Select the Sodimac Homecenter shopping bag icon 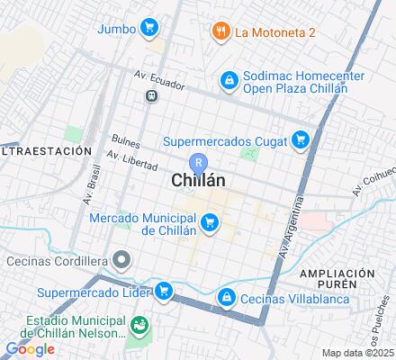(x=229, y=80)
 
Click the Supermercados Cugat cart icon (x=301, y=139)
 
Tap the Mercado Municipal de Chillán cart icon (x=210, y=221)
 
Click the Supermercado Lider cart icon (x=163, y=291)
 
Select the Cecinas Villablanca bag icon (x=227, y=296)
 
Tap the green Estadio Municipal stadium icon (x=139, y=325)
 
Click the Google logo (x=30, y=349)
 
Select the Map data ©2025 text (x=359, y=352)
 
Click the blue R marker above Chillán (x=200, y=161)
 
